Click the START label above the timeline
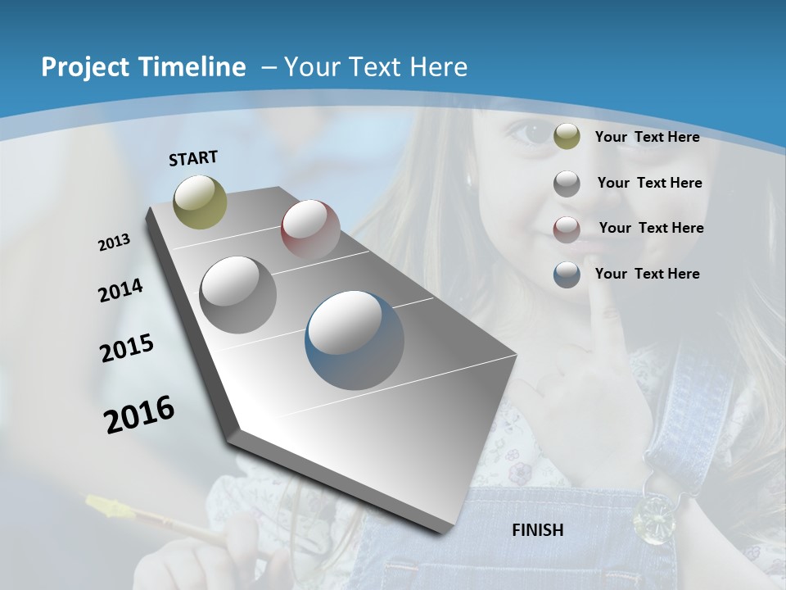(x=193, y=158)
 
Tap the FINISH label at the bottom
(x=537, y=530)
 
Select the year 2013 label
(x=114, y=243)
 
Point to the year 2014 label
(x=120, y=291)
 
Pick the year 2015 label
(x=127, y=348)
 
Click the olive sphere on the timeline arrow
(x=201, y=202)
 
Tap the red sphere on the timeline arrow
(x=310, y=229)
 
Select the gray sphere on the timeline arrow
(x=238, y=295)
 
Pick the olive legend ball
(x=567, y=137)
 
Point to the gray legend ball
(x=567, y=184)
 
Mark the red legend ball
(x=567, y=229)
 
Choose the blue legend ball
(x=567, y=275)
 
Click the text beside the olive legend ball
(x=647, y=137)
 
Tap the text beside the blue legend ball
(x=647, y=274)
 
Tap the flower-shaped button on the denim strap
(x=653, y=515)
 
